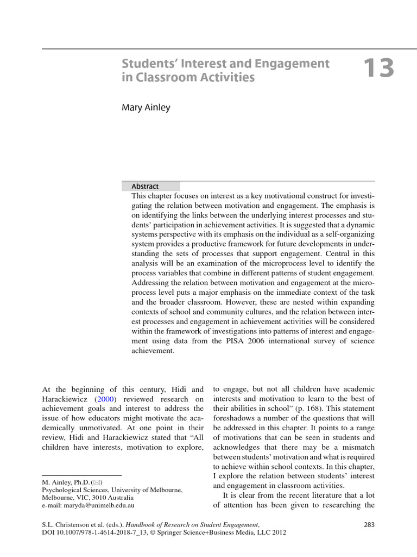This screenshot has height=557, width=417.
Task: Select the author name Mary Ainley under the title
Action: point(146,108)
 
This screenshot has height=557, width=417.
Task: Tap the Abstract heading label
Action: point(145,186)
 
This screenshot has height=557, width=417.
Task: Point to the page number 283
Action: point(368,524)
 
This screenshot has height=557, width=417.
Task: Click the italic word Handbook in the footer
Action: point(142,524)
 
